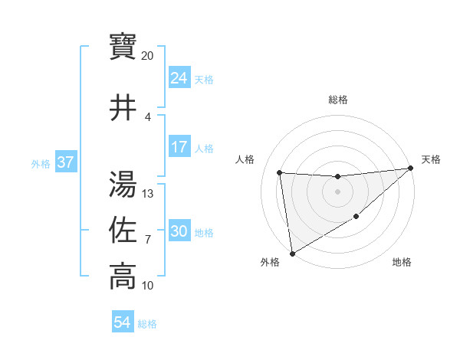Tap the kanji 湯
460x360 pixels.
point(123,185)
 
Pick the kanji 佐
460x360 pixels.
point(123,231)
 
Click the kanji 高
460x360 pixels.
point(123,277)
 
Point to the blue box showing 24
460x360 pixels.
point(179,78)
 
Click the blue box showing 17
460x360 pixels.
point(179,147)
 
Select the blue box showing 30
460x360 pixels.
point(179,231)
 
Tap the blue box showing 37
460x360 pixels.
point(66,162)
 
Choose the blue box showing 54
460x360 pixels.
point(123,322)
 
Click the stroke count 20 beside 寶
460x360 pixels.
point(148,56)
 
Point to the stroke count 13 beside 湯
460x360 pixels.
point(148,194)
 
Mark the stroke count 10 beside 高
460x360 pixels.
point(148,286)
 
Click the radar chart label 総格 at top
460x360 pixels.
point(338,100)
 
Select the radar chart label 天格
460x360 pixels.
point(431,159)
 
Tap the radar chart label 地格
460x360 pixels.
point(402,263)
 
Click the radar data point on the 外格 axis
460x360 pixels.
point(292,254)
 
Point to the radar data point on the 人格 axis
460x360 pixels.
point(280,172)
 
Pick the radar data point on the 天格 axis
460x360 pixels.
point(411,168)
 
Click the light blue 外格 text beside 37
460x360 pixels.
point(41,163)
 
